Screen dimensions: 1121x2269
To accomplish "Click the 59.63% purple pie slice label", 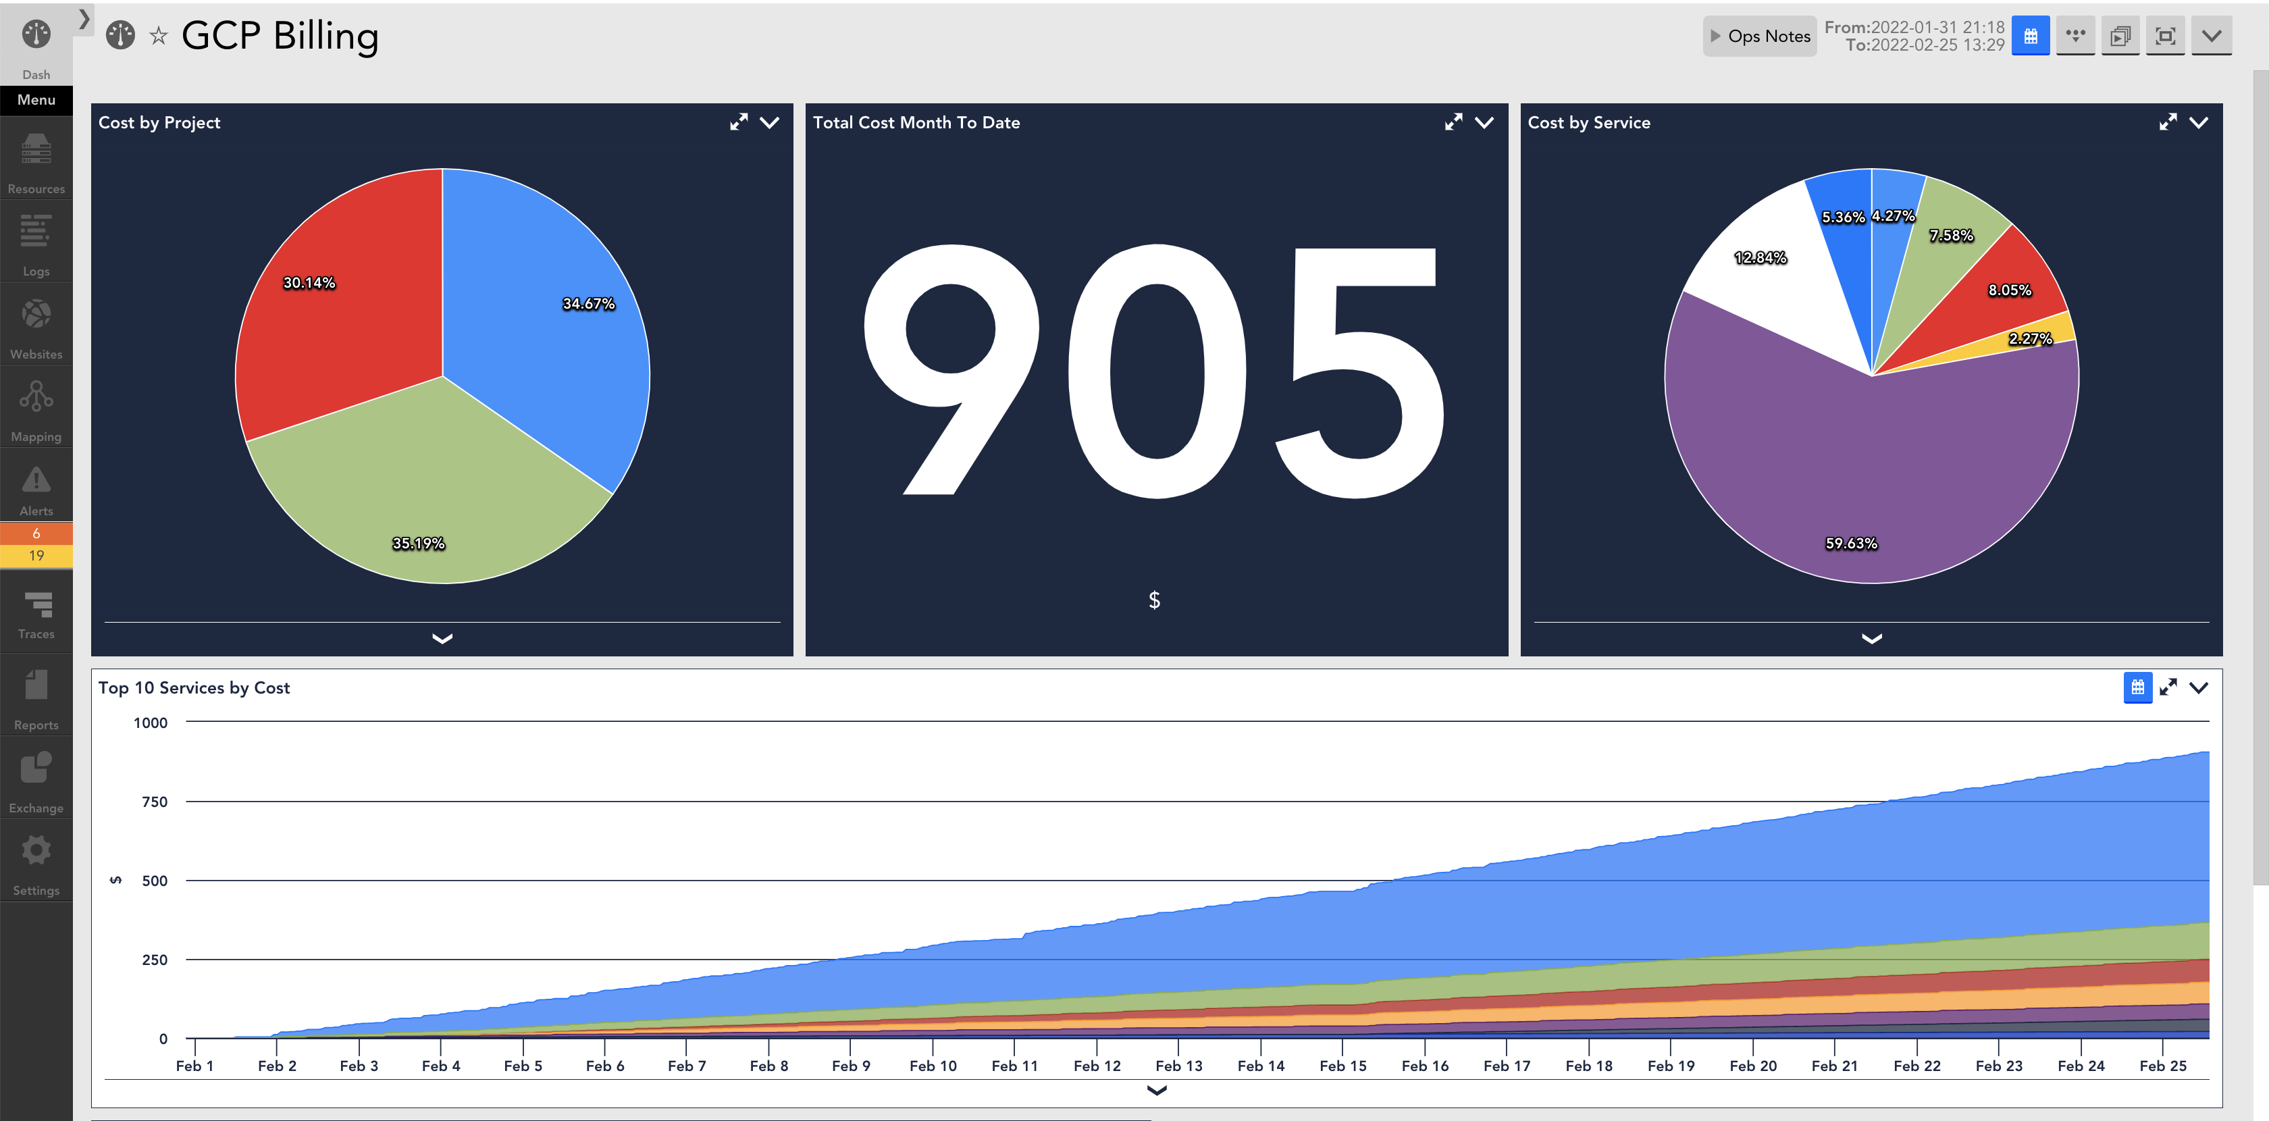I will point(1850,544).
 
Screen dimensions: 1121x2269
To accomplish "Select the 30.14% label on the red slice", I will point(309,283).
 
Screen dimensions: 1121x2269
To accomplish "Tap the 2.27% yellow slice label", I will point(2029,338).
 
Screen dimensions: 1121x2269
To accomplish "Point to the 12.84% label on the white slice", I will point(1760,257).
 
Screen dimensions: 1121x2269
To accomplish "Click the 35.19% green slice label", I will point(419,544).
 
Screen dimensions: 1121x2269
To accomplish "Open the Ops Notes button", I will point(1759,36).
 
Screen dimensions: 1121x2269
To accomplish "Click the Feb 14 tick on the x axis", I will point(1261,1065).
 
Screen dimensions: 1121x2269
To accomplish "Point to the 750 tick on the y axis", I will point(154,802).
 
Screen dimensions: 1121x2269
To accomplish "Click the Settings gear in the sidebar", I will point(36,863).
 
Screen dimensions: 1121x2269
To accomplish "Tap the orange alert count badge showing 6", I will point(36,533).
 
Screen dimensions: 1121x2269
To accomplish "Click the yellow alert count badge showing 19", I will point(36,556).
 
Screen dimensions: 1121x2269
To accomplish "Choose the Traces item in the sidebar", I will point(36,614).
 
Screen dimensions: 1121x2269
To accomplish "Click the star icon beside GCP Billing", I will point(159,36).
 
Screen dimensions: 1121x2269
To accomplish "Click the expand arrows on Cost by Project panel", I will point(738,122).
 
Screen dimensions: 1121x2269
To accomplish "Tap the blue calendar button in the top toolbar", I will point(2031,36).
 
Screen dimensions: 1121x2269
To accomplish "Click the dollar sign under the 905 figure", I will point(1154,600).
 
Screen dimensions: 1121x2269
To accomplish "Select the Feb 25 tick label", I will point(2162,1065).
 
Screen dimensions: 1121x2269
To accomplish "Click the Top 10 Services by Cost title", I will point(194,687).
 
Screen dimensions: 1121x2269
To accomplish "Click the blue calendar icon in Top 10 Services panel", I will point(2137,687).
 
